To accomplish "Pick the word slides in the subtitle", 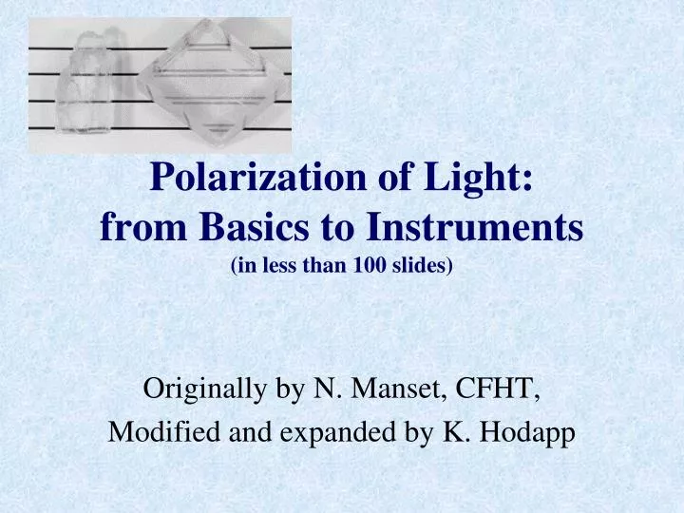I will click(422, 267).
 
